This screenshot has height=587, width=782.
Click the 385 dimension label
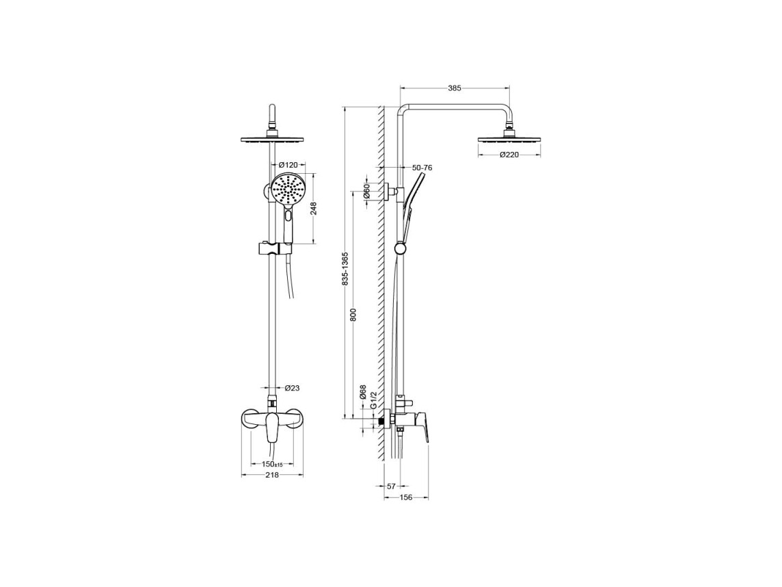pos(455,88)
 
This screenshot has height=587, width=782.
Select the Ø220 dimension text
pos(509,155)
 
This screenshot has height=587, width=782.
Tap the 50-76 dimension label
pos(422,168)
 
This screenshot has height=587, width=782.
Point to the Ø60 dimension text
pos(366,191)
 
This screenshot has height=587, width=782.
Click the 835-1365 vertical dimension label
pos(345,269)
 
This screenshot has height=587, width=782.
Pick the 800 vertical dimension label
pos(353,315)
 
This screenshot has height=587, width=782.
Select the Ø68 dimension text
pos(363,392)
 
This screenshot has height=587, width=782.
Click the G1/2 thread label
pos(373,400)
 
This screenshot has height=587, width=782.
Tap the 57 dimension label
pos(391,486)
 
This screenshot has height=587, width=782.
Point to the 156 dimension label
pos(407,497)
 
